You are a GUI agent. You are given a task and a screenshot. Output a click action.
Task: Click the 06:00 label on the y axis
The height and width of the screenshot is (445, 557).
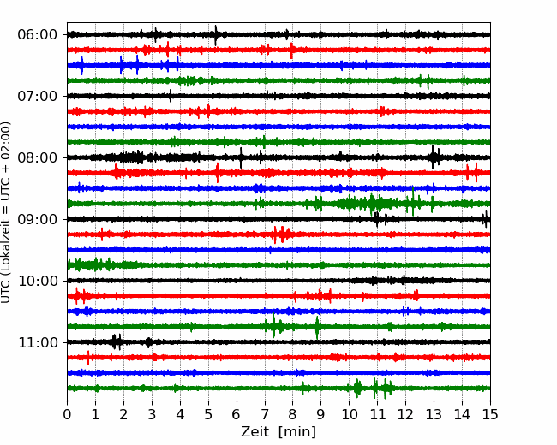[x=38, y=35]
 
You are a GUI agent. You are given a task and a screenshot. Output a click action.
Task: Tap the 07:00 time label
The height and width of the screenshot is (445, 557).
[x=38, y=96]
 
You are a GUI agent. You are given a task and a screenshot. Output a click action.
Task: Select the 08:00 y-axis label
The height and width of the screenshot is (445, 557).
[x=38, y=158]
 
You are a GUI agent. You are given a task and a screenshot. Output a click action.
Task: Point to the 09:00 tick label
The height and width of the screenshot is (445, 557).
[x=38, y=220]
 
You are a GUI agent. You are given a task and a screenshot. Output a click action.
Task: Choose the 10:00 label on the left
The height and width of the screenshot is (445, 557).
[x=38, y=281]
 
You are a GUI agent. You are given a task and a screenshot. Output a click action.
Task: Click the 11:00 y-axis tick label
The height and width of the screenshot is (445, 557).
[x=38, y=343]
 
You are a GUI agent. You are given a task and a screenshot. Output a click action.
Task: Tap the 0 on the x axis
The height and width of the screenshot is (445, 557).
[x=67, y=414]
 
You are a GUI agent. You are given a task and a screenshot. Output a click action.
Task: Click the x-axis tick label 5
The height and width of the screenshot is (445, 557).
[x=208, y=414]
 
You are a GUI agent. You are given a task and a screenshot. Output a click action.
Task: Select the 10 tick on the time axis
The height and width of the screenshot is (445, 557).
[x=349, y=414]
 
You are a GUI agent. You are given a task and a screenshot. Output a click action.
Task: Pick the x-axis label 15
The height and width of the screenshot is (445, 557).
[x=490, y=414]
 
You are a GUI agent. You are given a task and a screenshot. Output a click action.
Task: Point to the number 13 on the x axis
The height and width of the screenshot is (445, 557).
[x=434, y=414]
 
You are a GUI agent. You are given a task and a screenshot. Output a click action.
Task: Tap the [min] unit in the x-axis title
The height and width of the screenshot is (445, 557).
[x=297, y=432]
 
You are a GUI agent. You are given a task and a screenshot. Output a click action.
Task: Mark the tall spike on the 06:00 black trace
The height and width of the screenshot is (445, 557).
[x=216, y=35]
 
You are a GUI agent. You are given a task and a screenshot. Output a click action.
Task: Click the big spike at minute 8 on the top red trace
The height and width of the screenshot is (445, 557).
[x=291, y=50]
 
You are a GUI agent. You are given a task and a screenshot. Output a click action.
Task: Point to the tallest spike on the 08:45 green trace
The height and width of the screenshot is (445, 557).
[x=413, y=201]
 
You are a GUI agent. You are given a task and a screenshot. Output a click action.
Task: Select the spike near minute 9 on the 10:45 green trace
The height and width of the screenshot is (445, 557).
[x=317, y=327]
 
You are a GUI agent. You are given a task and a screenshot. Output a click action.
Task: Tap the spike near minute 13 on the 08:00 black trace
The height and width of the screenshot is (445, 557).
[x=433, y=157]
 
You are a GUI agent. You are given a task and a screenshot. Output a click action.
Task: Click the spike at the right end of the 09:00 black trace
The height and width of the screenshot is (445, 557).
[x=486, y=219]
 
